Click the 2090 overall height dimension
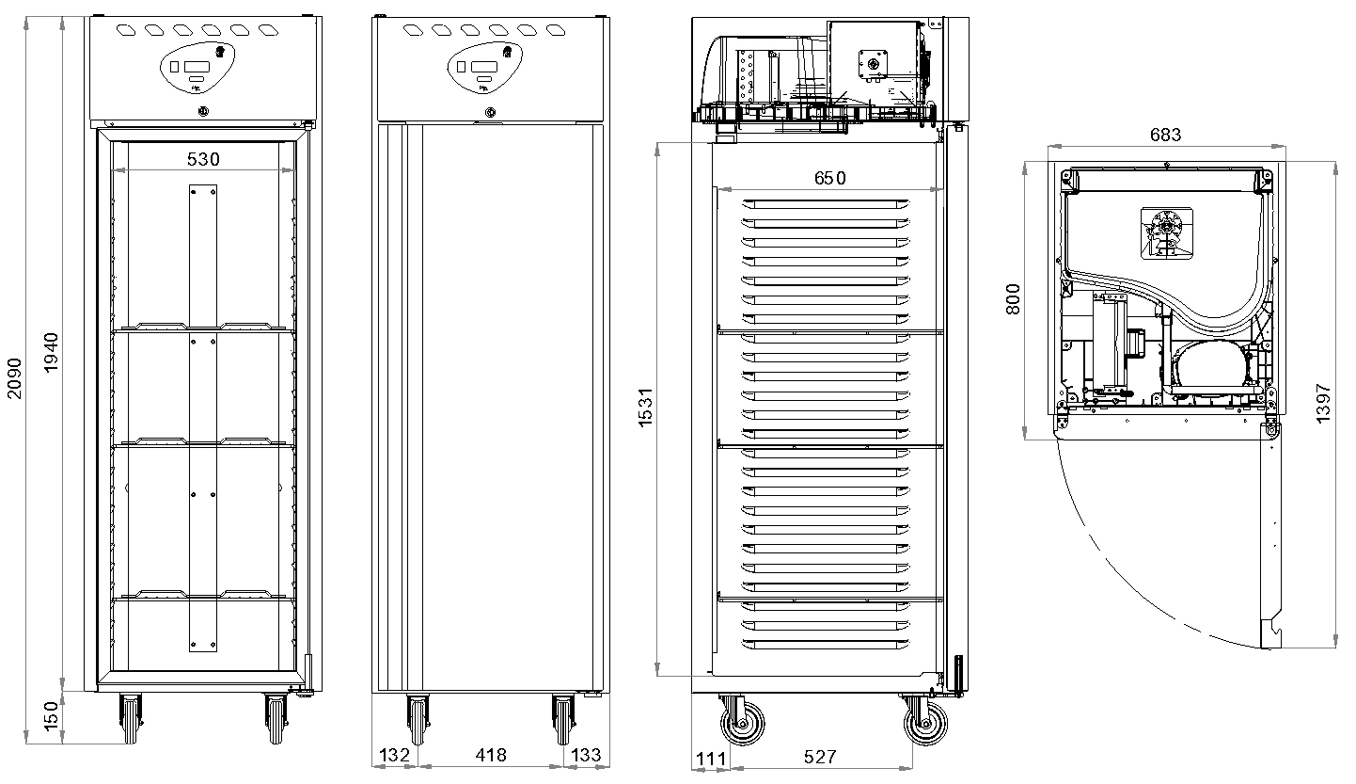tap(14, 378)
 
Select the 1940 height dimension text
tap(52, 352)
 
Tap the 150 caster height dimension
tap(52, 715)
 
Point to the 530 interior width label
tap(203, 159)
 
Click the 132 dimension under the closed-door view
tap(395, 755)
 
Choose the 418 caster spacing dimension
tap(491, 755)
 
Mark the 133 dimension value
tap(586, 755)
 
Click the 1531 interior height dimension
tap(646, 408)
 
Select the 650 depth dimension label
tap(830, 178)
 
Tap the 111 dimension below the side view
tap(711, 759)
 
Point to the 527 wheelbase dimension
tap(820, 757)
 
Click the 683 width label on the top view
tap(1165, 135)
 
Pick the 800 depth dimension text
tap(1013, 299)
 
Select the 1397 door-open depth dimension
tap(1323, 404)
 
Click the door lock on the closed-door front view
tap(491, 112)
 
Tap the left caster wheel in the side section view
tap(743, 724)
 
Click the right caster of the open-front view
tap(276, 718)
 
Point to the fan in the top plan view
tap(1167, 233)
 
